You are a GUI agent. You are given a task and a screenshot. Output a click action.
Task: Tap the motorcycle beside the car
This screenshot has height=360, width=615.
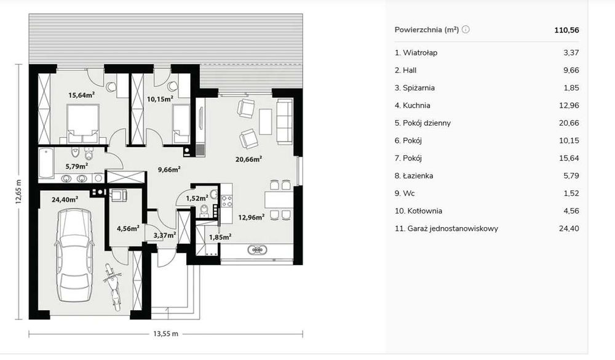coord(112,286)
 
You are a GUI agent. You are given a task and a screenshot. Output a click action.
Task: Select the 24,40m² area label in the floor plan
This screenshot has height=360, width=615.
coord(65,199)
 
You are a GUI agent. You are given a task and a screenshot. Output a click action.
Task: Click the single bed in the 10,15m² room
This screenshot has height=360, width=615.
coord(181,123)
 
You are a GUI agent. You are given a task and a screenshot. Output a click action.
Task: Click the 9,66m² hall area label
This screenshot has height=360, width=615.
coord(169,169)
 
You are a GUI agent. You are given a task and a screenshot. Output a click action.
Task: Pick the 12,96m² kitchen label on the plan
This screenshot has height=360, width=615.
coord(252,217)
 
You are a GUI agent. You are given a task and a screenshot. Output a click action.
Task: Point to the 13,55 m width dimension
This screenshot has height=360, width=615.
coord(165,334)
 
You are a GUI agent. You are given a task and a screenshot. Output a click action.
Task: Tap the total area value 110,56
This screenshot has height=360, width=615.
coord(566,30)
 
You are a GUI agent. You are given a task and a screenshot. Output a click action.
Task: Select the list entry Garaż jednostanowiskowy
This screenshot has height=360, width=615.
coord(452,229)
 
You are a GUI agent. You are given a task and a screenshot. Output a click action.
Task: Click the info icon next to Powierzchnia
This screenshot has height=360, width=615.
coord(466,30)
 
